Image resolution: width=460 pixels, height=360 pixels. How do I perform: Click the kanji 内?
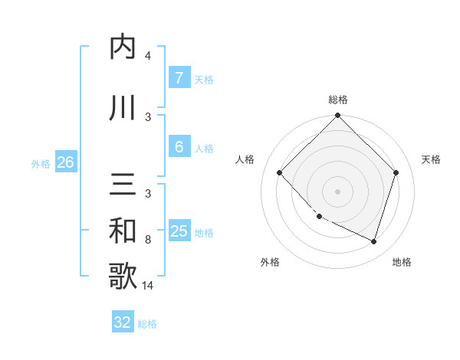tap(123, 47)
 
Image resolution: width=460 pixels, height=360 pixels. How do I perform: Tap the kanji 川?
tap(123, 108)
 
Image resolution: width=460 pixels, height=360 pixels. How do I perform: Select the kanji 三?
tap(123, 185)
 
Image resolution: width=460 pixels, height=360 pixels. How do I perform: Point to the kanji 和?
tap(123, 231)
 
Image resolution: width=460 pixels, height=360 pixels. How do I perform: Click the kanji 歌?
tap(123, 277)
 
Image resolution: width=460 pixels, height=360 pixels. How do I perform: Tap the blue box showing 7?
tap(179, 78)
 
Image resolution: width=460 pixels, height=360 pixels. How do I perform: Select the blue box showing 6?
tap(179, 147)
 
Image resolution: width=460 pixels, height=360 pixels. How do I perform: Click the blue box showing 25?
tap(179, 231)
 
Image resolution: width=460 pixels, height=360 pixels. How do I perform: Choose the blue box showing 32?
tap(123, 322)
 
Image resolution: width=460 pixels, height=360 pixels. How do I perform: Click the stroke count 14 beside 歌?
tap(147, 286)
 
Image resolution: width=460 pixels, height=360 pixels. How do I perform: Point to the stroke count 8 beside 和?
tap(148, 240)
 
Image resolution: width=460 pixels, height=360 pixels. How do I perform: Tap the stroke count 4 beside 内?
tap(148, 56)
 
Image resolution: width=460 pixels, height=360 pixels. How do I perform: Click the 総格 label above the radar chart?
tap(338, 100)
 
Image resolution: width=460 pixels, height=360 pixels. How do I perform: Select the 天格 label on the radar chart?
tap(432, 159)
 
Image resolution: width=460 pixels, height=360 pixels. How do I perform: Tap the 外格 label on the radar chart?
tap(270, 262)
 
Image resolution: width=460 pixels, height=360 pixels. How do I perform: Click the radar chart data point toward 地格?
tap(373, 241)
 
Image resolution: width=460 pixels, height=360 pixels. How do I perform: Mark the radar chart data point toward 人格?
tap(280, 172)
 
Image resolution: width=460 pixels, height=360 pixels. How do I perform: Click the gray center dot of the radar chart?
tap(338, 191)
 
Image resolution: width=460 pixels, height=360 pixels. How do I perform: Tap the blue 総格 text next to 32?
tap(147, 324)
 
